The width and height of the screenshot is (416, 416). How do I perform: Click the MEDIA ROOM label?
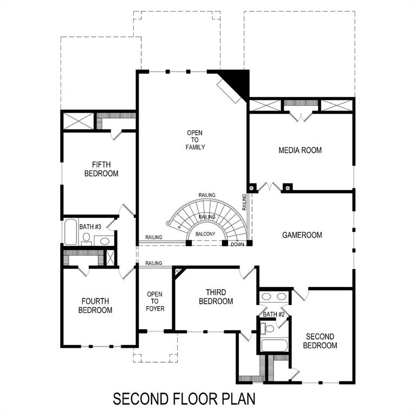(300, 150)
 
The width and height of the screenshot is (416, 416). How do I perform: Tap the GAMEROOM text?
(302, 235)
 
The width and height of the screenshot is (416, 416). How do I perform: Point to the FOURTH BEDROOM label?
(95, 305)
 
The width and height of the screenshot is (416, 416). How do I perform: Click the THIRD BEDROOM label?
(216, 297)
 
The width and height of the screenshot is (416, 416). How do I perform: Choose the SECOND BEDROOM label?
(320, 341)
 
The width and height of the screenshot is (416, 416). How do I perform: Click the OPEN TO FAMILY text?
(196, 140)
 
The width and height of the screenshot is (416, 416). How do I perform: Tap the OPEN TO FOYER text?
(155, 302)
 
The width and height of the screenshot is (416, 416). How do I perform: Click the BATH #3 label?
(90, 226)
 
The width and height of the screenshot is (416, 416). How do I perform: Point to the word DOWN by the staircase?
(237, 245)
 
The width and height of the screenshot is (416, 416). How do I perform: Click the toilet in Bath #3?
(87, 239)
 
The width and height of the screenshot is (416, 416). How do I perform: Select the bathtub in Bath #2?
(275, 345)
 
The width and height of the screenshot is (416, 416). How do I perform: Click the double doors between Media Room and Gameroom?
(269, 187)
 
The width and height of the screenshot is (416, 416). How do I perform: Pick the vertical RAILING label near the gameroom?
(244, 201)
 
